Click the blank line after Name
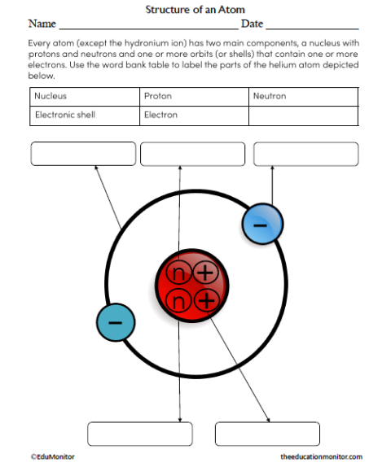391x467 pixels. [147, 27]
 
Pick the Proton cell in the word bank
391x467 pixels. [193, 96]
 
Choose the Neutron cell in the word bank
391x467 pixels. [303, 96]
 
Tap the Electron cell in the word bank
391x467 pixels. [193, 116]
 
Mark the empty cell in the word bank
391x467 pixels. [303, 116]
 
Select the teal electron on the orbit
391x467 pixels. [116, 323]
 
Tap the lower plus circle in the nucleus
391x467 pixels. [207, 301]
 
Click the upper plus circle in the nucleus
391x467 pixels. [205, 273]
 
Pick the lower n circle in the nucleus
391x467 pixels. [178, 302]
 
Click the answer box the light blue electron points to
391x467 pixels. [305, 154]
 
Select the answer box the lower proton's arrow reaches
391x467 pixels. [267, 434]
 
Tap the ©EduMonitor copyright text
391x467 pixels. [53, 457]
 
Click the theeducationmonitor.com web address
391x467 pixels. [321, 457]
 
